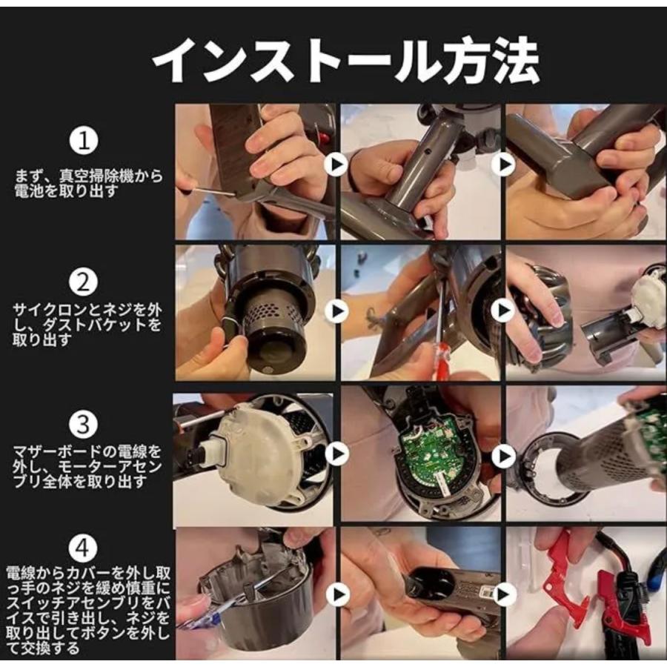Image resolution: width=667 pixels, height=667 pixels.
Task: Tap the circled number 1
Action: (84, 141)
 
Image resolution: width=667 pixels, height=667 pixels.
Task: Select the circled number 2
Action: (84, 282)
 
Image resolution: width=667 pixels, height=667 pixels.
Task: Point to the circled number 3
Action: (84, 424)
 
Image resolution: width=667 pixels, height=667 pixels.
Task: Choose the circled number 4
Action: (84, 548)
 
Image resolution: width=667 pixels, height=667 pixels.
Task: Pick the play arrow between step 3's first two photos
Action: (337, 454)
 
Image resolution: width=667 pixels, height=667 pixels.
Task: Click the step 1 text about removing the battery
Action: (88, 183)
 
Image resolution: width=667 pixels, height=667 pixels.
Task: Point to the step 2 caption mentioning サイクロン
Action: (87, 325)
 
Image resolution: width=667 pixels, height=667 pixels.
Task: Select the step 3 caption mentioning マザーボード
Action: (87, 467)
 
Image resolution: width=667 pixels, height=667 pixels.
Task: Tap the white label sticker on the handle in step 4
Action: (485, 593)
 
